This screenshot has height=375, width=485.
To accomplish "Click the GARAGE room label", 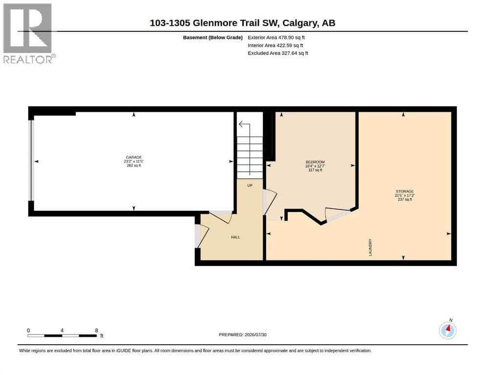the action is point(134,157).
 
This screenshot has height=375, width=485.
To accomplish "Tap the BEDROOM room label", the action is point(315,162).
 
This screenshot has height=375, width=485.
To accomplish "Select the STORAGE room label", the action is point(404,191).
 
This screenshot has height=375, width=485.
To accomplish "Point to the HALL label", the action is point(235,237).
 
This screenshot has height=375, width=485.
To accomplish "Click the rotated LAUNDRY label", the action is point(370,248).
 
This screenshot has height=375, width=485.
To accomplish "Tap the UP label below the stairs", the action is point(250,186).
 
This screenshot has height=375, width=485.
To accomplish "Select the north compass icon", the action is point(447,330).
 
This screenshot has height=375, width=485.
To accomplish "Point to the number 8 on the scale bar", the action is point(97,330).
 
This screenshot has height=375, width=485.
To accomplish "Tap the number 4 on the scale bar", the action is point(62,330).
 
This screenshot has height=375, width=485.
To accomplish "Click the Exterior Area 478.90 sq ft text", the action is point(276,38).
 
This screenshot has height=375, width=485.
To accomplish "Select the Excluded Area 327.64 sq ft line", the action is point(278,53).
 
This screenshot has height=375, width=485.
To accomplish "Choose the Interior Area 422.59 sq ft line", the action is point(275,45).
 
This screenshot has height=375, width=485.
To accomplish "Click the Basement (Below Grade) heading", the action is point(213,38).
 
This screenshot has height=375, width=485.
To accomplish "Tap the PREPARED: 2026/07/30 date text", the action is point(242,334).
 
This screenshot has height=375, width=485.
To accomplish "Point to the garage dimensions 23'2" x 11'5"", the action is point(134,161).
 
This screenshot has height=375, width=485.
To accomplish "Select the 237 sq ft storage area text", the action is point(404,199).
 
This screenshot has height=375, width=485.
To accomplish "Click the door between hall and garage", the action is point(221,216).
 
